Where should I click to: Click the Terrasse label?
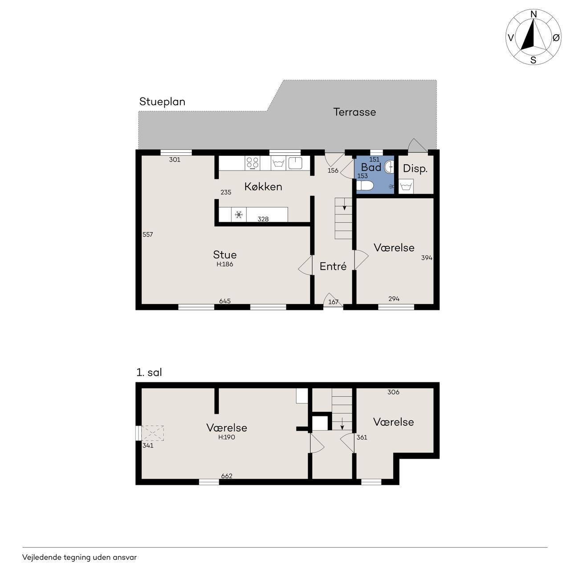(x=354, y=112)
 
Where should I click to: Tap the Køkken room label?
(x=263, y=186)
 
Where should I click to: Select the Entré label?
(x=333, y=266)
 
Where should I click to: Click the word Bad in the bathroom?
(x=371, y=167)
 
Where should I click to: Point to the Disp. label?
(x=415, y=169)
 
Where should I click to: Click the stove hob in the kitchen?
(x=252, y=163)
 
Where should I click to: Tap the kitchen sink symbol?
(x=295, y=163)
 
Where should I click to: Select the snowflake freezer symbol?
(x=239, y=215)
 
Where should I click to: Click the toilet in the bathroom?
(x=365, y=186)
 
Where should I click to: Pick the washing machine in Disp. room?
(x=406, y=186)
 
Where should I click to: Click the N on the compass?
(x=533, y=14)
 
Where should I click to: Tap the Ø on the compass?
(x=556, y=37)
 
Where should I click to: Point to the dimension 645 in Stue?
(x=225, y=301)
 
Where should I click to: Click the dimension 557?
(x=147, y=235)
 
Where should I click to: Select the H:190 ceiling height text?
(x=227, y=437)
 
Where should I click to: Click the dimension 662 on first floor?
(x=227, y=476)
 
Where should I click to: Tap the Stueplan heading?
(x=162, y=102)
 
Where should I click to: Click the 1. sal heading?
(x=149, y=372)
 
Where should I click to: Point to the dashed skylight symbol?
(x=153, y=433)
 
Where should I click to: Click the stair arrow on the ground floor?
(x=344, y=204)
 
